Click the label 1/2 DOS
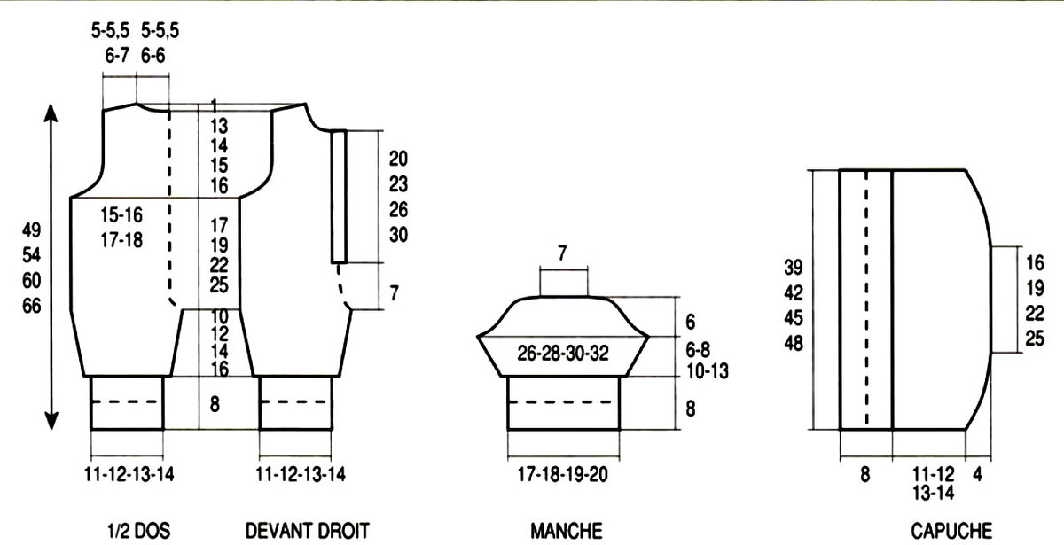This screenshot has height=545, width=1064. (x=138, y=531)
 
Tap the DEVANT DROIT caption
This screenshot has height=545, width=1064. (x=308, y=531)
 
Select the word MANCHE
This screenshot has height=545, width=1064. (x=567, y=531)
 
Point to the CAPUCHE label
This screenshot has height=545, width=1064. (x=951, y=531)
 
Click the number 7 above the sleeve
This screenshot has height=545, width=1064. (x=562, y=253)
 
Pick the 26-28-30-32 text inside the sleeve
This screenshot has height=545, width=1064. (x=562, y=354)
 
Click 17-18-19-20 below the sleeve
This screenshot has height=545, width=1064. (x=562, y=474)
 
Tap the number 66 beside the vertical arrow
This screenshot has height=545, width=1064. (x=31, y=306)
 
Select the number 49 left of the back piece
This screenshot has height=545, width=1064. (x=31, y=230)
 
